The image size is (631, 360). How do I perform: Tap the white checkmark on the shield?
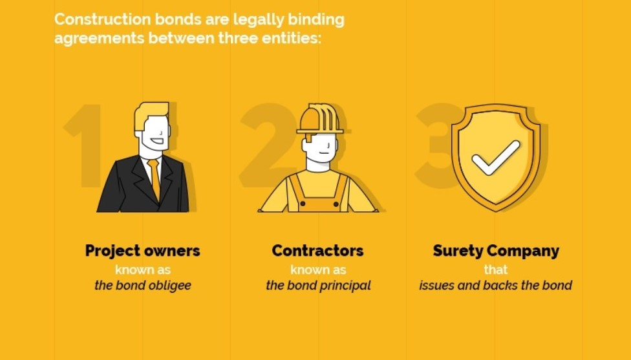[496, 157]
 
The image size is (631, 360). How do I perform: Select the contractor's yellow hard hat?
[319, 119]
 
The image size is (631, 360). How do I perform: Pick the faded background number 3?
[436, 145]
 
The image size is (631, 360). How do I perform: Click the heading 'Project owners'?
[142, 251]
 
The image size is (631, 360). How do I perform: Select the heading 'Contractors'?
[317, 251]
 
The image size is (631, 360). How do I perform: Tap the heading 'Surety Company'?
[496, 251]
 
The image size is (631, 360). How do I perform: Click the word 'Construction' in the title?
[103, 19]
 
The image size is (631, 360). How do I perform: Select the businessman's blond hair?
[151, 115]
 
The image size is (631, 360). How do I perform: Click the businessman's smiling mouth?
[157, 142]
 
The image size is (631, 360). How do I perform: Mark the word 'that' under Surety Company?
[496, 270]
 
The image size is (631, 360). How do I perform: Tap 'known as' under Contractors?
[318, 270]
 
